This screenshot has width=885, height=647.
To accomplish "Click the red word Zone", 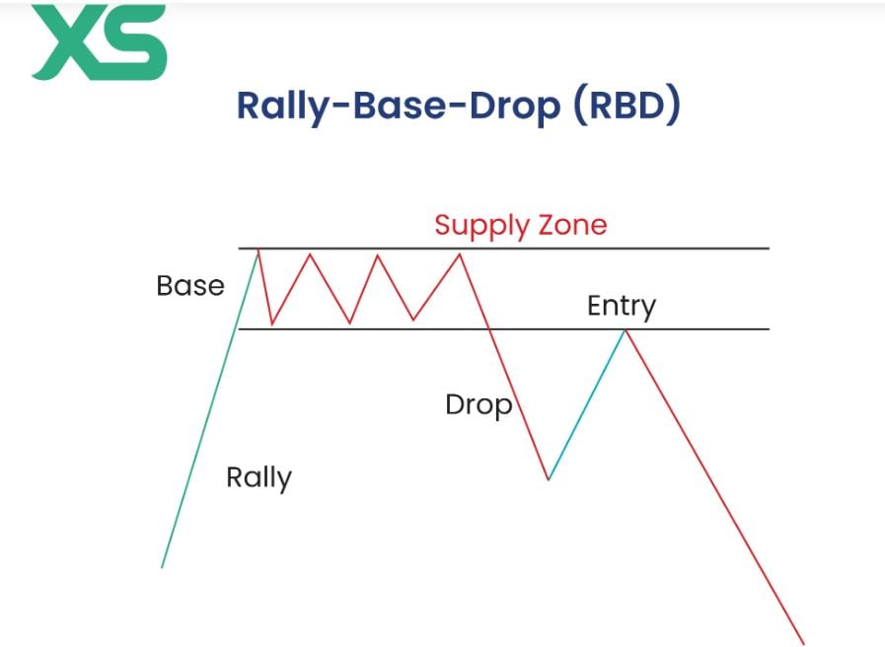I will tap(571, 225).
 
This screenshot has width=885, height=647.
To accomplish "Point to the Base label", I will tap(190, 286).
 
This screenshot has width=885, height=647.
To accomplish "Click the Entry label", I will tap(621, 306).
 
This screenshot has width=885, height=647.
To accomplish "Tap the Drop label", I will tap(478, 404).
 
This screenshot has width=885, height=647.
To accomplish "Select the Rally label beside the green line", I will tap(258, 477).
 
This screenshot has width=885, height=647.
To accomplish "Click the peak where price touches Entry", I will tap(625, 330).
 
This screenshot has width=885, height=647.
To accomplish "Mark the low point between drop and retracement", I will tap(549, 479).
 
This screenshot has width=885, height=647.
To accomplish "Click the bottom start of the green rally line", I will tap(162, 566).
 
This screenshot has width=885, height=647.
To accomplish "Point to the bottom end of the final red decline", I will tap(804, 644).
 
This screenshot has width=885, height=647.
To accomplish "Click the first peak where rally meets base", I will tap(258, 251).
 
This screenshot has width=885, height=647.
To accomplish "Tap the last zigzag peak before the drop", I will tap(460, 254).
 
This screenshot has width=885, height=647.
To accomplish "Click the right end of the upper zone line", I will tap(767, 249).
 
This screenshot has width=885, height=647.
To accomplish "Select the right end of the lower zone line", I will tap(767, 328).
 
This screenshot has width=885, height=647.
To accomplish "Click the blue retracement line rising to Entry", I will tap(587, 404).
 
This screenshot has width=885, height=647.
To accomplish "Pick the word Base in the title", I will tap(397, 107).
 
